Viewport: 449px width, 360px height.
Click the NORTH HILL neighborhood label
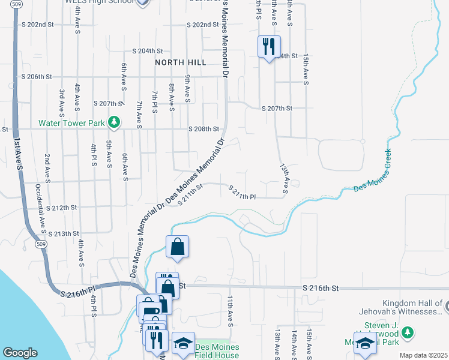coord(181,62)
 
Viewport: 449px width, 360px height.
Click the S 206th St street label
coord(37,77)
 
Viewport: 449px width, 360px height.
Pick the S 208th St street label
coord(204,129)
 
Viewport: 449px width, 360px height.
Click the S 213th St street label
coord(64,233)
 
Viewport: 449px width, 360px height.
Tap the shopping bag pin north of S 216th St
coord(178,246)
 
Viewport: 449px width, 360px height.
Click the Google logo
coord(20,353)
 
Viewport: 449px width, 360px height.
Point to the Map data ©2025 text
coord(424,355)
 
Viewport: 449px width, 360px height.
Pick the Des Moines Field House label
coord(217,352)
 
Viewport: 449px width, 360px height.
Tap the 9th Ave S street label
coord(187,88)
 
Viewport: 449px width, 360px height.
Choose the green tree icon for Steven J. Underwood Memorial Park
coord(408,332)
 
